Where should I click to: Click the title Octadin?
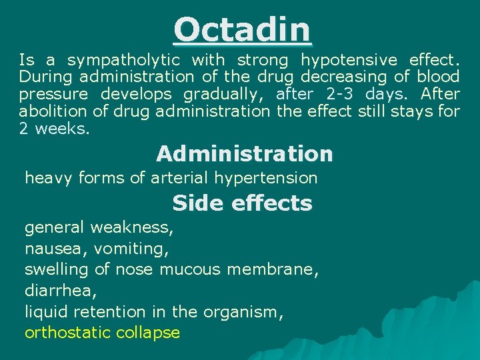242,30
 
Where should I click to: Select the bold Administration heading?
244,154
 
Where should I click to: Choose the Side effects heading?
242,203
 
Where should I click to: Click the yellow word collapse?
147,333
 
